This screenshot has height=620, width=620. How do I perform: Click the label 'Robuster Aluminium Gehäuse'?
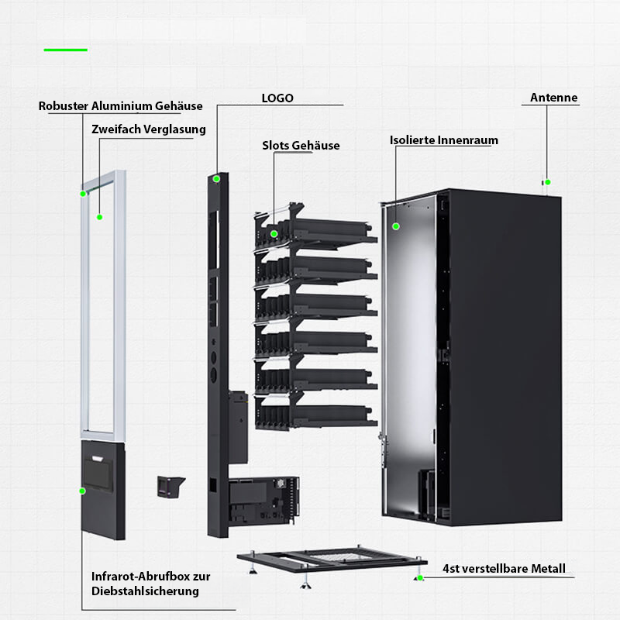tap(120, 106)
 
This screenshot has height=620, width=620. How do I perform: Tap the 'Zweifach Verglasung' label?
tap(148, 129)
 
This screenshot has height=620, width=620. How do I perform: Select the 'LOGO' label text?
tap(277, 98)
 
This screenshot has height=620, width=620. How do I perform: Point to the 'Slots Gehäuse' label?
tap(301, 146)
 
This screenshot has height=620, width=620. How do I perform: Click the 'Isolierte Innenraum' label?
tap(443, 140)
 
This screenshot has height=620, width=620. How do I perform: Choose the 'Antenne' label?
tap(553, 98)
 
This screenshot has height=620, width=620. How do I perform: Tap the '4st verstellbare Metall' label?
tap(504, 569)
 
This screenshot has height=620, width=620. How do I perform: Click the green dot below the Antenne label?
tap(547, 182)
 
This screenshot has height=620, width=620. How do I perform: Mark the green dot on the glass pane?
tap(100, 217)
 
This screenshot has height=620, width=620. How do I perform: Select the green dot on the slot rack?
tap(274, 233)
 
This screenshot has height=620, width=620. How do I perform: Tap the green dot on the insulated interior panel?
tap(395, 226)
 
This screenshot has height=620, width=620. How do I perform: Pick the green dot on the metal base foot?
tap(419, 578)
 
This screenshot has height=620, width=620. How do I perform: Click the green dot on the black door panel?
tap(81, 491)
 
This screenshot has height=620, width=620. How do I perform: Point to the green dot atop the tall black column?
tap(217, 179)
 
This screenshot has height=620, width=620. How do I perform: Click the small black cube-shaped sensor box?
tap(168, 486)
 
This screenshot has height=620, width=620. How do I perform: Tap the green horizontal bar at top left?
tap(66, 50)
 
